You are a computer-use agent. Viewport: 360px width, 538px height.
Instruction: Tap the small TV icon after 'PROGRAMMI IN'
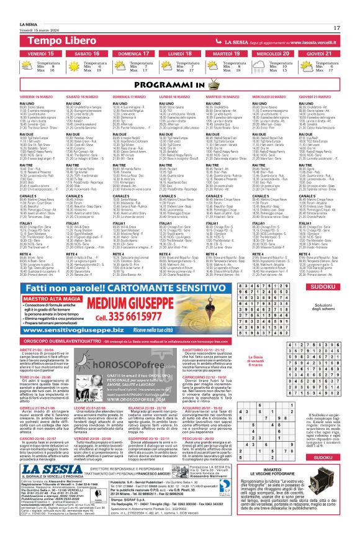click(x=213, y=83)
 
